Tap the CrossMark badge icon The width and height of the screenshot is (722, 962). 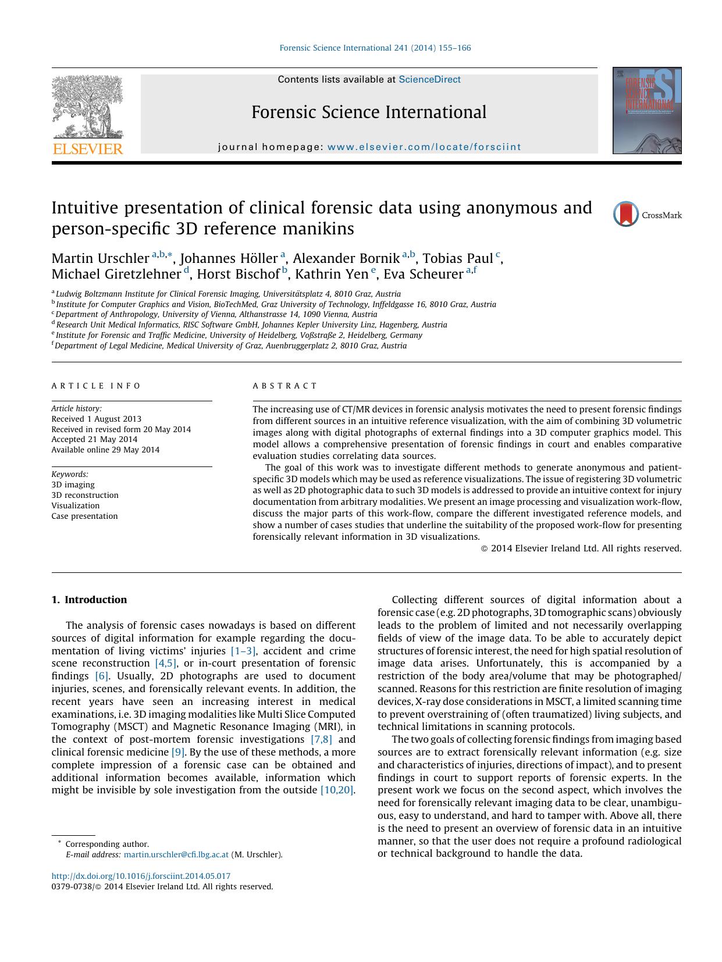[626, 215]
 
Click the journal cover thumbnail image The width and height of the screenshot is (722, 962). [646, 111]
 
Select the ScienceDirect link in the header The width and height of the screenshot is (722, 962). [429, 80]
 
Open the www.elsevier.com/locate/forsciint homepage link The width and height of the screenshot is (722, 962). [424, 147]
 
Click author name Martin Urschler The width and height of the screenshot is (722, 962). [100, 259]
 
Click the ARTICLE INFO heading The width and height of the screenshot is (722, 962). [96, 386]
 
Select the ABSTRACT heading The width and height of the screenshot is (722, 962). [285, 386]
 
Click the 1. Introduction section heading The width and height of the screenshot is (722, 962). [89, 600]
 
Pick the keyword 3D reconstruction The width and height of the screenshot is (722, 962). [85, 495]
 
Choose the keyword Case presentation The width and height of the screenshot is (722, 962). [84, 516]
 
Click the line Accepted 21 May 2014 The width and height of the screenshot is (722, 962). [94, 439]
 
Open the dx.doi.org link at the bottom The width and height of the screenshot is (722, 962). [141, 876]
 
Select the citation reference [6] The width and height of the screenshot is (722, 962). [102, 676]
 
